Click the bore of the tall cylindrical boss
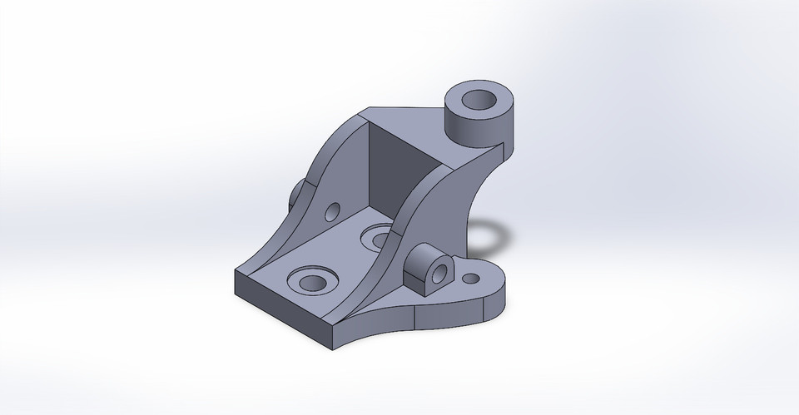click(x=482, y=101)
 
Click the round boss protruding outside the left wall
click(x=299, y=194)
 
